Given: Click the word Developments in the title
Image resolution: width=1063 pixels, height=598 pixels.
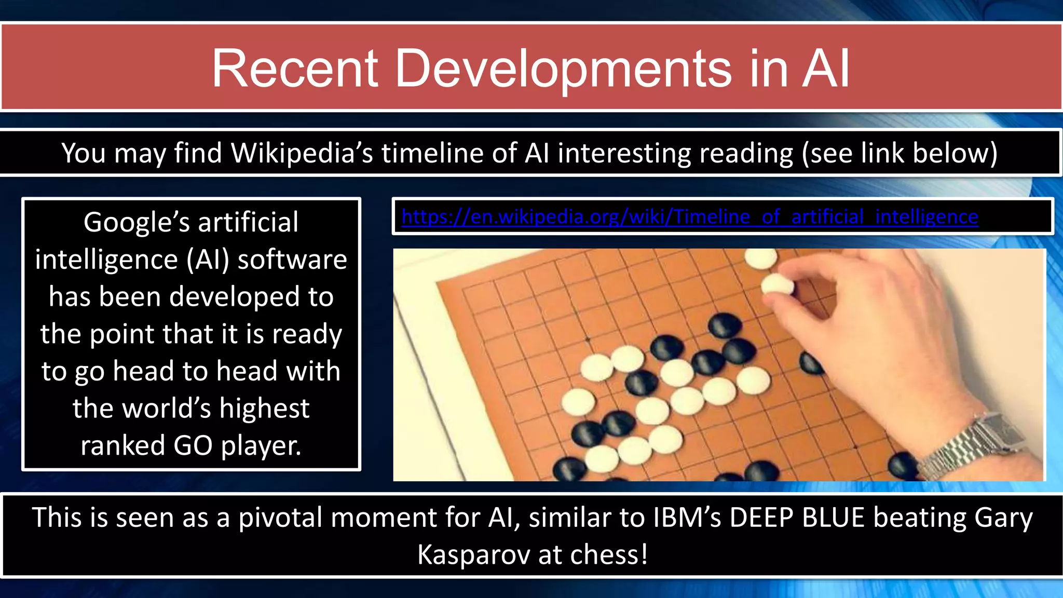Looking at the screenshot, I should click(x=563, y=69).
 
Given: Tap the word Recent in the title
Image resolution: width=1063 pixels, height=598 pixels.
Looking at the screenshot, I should click(x=295, y=69).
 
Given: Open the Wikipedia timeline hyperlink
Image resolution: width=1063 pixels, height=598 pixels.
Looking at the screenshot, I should click(x=690, y=216).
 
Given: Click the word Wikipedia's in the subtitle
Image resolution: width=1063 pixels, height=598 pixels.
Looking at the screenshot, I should click(x=302, y=153).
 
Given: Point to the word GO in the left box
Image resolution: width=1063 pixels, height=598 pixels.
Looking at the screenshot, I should click(x=193, y=445).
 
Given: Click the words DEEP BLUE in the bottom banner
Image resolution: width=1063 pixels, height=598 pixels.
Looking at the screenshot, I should click(x=797, y=518).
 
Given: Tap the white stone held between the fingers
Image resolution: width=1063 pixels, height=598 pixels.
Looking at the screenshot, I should click(x=777, y=285).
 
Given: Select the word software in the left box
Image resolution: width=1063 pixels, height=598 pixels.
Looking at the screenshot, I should click(x=292, y=259).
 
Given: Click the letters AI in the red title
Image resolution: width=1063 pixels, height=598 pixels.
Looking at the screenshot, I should click(x=825, y=69).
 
